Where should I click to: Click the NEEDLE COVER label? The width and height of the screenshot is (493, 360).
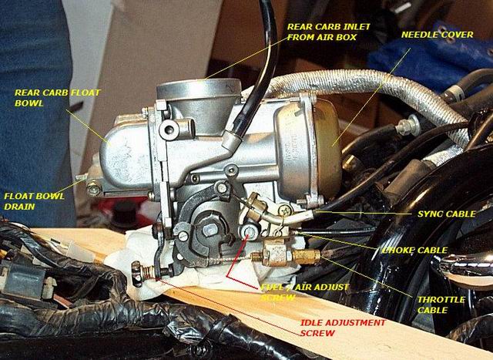437,35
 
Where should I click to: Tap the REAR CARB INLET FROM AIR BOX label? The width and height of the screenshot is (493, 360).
329,32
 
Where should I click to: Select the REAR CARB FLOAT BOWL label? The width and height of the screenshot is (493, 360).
57,98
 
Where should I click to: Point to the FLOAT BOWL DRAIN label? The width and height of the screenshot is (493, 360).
34,201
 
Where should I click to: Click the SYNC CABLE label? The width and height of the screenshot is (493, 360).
447,214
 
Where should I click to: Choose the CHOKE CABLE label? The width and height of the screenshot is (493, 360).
414,251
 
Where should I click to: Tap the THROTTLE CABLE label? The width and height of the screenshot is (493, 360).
441,304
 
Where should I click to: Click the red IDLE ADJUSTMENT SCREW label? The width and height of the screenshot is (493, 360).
343,328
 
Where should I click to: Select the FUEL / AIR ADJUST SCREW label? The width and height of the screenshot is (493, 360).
305,292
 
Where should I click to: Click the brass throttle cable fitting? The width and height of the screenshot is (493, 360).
306,257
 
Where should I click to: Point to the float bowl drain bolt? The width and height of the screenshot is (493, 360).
93,189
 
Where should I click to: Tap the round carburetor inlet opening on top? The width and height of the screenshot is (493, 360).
199,87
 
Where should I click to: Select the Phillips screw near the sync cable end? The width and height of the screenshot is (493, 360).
285,210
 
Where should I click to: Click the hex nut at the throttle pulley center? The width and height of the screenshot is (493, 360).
209,230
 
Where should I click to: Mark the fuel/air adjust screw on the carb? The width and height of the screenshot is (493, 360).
250,231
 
